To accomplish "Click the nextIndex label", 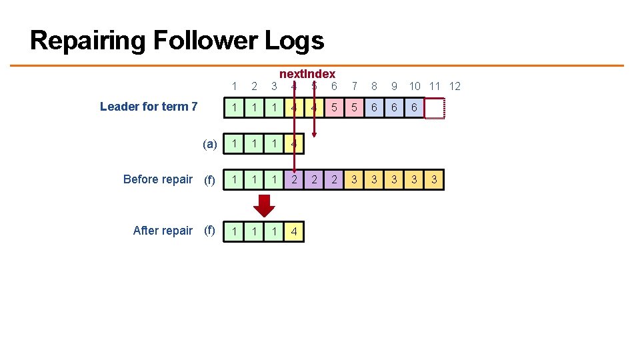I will pos(307,74).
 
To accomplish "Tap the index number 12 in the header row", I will pos(455,86).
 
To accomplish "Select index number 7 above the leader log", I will pos(355,86).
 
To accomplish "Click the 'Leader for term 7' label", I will pos(148,107).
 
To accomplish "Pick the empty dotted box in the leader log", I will pos(434,107).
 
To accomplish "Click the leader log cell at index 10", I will pos(414,107).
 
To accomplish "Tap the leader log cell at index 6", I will pos(334,107).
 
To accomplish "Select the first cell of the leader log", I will pos(234,107).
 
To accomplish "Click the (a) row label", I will pos(210,144).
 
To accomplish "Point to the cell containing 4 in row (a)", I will pos(294,144).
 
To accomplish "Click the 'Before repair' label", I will pos(158,179).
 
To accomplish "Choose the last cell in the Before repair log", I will pos(434,179).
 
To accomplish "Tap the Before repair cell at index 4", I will pos(294,179).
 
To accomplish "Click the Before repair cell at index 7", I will pos(354,179).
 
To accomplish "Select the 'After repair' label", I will pos(163,231).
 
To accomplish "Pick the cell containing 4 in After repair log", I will pos(294,231).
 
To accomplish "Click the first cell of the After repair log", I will pos(234,231).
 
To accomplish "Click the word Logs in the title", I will pos(294,41).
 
